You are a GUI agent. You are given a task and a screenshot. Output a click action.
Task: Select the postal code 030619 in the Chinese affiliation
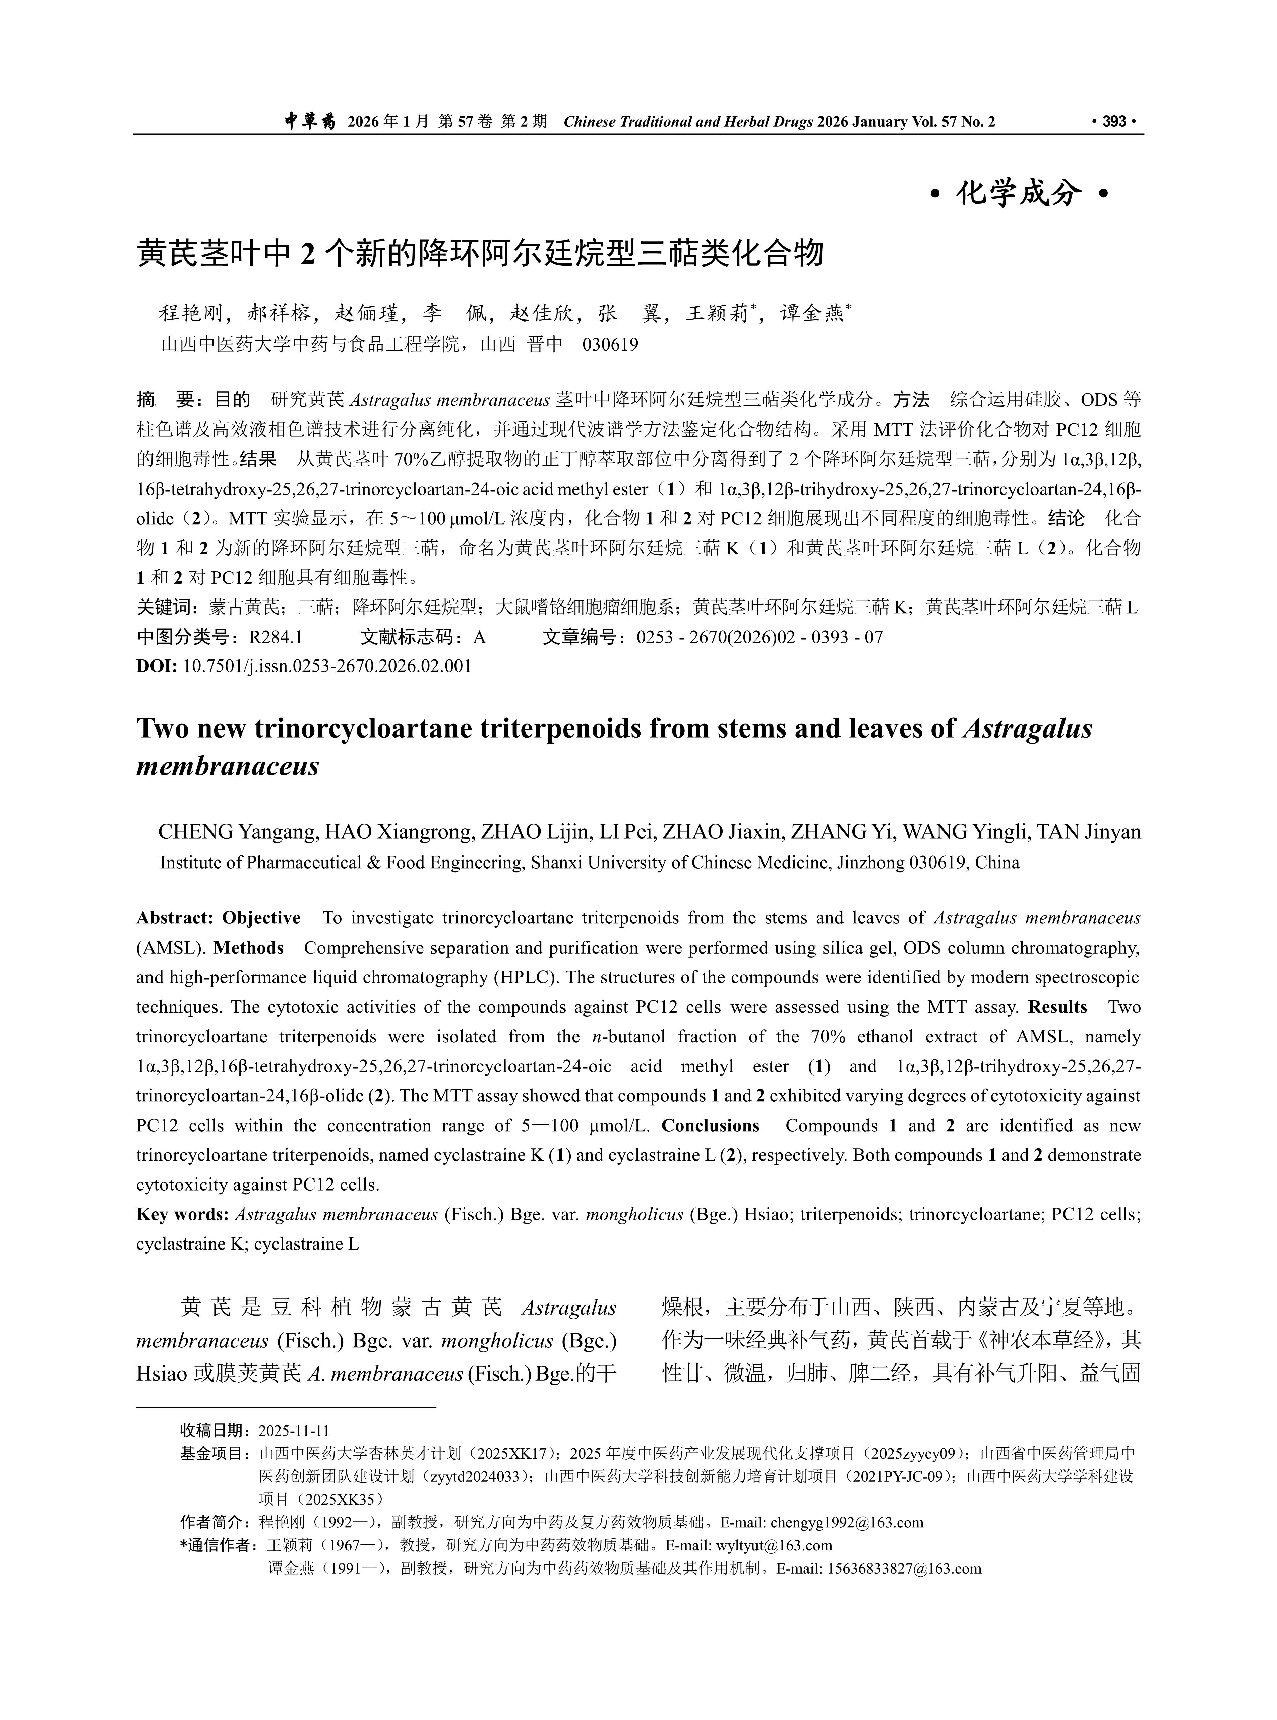point(611,344)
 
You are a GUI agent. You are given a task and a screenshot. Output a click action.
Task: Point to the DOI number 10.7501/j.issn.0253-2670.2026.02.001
point(327,666)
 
